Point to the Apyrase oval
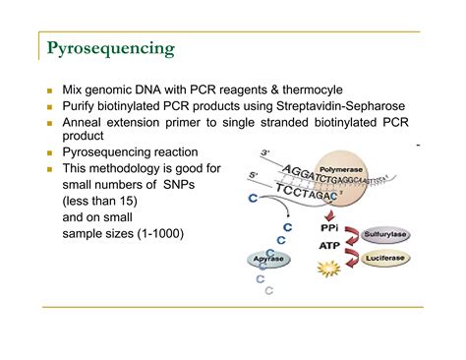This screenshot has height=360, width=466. click(266, 260)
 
